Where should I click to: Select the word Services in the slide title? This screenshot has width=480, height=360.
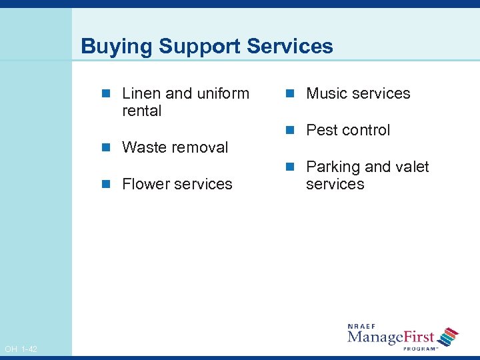[x=289, y=46]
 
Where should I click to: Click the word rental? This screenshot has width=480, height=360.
[x=141, y=111]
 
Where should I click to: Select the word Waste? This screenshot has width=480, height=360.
[x=144, y=147]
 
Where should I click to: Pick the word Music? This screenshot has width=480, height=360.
[x=327, y=93]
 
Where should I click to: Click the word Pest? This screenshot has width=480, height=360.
[x=321, y=130]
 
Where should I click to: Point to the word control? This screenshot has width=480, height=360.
[x=366, y=130]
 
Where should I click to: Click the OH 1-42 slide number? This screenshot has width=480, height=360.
[x=21, y=349]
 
